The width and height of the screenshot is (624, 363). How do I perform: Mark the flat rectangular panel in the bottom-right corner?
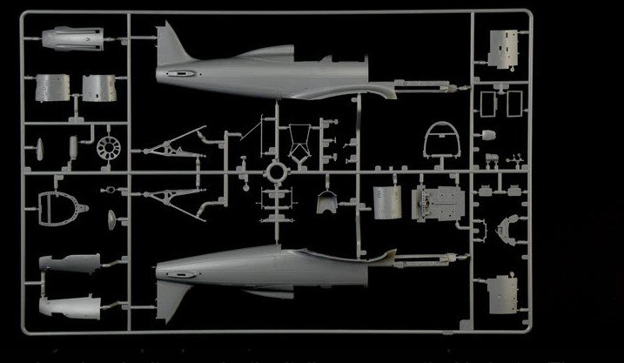[503, 296]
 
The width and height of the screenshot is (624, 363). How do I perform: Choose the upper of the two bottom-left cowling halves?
[73, 267]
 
